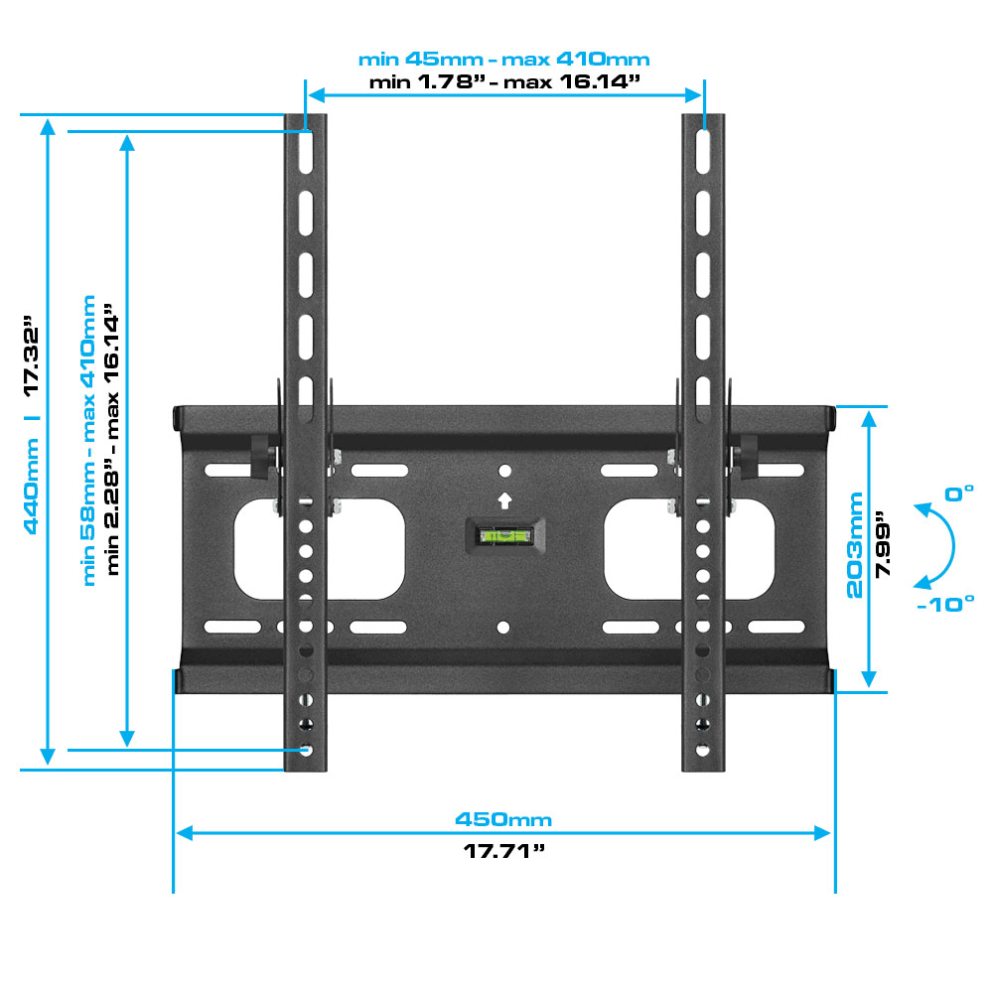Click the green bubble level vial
(504, 536)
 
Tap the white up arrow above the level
(504, 500)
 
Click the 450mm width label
(503, 819)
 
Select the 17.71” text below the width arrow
(504, 850)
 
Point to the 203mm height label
(855, 545)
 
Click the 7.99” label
(883, 544)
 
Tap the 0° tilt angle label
(959, 494)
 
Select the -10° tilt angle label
(945, 604)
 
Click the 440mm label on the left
(31, 486)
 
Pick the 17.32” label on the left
(31, 355)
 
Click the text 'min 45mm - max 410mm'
(504, 59)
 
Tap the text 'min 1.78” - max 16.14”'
(504, 81)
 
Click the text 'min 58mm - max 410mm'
(89, 440)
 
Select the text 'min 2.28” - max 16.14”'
(113, 439)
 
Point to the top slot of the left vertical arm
(306, 151)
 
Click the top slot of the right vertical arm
(703, 151)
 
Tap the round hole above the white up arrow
(504, 471)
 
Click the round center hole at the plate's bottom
(503, 627)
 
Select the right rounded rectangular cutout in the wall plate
(689, 549)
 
